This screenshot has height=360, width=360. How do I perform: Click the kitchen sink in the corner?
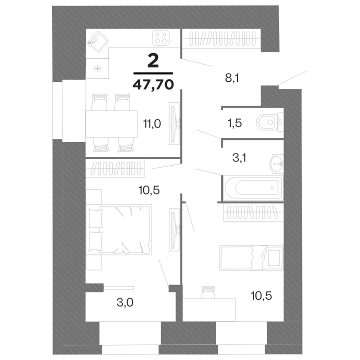point(98,41)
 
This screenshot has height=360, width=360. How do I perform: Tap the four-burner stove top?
point(160,37)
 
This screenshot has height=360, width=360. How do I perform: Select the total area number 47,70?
point(153,85)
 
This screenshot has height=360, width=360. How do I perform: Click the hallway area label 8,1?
point(232,78)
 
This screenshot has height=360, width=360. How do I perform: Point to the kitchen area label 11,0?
point(152,124)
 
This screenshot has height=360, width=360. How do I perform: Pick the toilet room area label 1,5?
point(234,123)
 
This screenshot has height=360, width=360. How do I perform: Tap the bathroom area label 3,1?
point(239,158)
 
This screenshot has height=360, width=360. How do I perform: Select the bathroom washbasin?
point(277,163)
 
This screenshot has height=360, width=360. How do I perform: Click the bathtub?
point(253,187)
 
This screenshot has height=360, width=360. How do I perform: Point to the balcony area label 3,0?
point(125,302)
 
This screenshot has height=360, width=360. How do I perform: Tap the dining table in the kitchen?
point(111,124)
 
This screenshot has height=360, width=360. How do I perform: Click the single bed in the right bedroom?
point(251,257)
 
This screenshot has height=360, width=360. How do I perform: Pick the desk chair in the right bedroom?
point(208,292)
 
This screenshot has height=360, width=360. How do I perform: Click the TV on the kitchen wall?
point(174,123)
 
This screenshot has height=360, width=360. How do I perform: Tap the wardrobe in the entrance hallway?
point(222,39)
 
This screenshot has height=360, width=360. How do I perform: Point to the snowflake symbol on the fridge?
point(97,68)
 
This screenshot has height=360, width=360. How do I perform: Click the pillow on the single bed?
point(274,257)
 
